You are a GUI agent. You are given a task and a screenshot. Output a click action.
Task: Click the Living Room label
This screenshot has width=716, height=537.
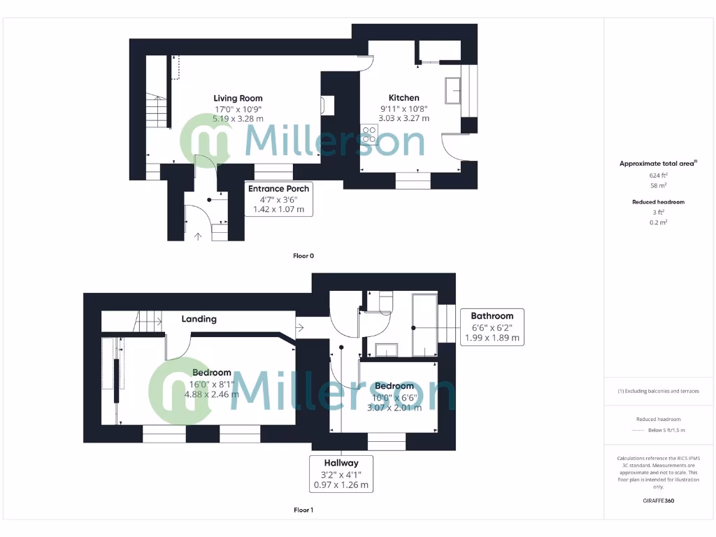coord(238,98)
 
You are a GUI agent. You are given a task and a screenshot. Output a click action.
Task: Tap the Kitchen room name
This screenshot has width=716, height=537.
coord(404,98)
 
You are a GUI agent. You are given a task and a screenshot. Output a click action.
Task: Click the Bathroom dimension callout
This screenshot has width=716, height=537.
coord(492,327)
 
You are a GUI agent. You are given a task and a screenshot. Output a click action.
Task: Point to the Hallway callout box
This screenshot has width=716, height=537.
coord(341,473)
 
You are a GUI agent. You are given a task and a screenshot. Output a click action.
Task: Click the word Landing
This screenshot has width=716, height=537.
coord(199,319)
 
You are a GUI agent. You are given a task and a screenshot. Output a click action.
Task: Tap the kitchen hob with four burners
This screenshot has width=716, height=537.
coord(369,134)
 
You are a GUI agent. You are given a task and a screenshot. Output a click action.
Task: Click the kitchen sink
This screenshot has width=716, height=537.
coord(452,90)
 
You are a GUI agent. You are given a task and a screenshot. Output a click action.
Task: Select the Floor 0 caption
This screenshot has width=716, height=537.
coord(303,256)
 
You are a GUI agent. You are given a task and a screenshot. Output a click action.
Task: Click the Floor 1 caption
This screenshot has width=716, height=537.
coord(303,510)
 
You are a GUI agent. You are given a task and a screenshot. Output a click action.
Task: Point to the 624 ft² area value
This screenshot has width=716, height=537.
coord(658,176)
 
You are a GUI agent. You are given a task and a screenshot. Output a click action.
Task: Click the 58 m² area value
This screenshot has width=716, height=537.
coord(658,186)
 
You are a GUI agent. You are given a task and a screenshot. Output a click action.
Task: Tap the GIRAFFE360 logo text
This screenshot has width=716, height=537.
coord(658,501)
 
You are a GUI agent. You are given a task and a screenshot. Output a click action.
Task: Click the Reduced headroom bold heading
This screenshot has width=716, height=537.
coord(658,202)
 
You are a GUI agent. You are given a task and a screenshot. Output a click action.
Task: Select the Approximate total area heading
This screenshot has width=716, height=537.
coord(658,164)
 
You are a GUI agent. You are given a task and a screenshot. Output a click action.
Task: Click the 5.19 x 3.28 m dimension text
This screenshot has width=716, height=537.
coord(238,119)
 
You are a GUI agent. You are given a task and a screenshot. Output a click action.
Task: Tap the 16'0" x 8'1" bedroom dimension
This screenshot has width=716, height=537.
coord(212,384)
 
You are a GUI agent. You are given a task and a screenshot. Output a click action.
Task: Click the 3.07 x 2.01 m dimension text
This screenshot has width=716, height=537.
coord(394,408)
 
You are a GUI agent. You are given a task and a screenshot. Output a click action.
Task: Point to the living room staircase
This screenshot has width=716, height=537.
coord(157,112)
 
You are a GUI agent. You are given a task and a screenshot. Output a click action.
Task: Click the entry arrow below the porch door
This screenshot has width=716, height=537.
coord(198,236)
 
